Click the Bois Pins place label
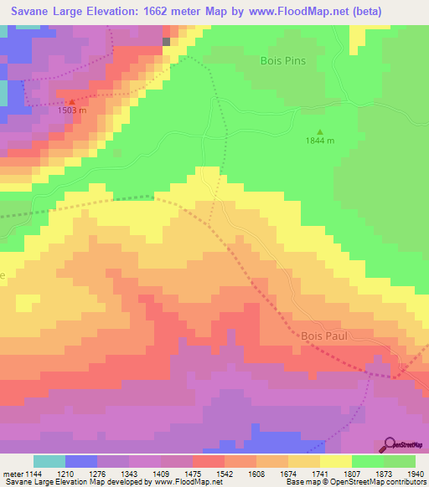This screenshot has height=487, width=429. point(282,61)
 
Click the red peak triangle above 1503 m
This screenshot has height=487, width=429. point(71,101)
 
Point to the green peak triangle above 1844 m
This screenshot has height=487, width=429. point(319,131)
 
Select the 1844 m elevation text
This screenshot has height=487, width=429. point(319,141)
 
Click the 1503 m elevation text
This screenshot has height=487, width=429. point(72,110)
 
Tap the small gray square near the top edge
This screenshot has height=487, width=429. point(166,40)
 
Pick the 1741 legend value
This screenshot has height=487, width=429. point(318,474)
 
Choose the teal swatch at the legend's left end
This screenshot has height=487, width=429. point(49,461)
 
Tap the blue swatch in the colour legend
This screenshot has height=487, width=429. point(80,461)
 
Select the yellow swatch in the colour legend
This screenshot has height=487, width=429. point(335,461)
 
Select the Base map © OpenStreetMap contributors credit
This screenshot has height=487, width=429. point(354,483)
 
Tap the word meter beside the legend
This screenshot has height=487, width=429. point(11,474)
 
